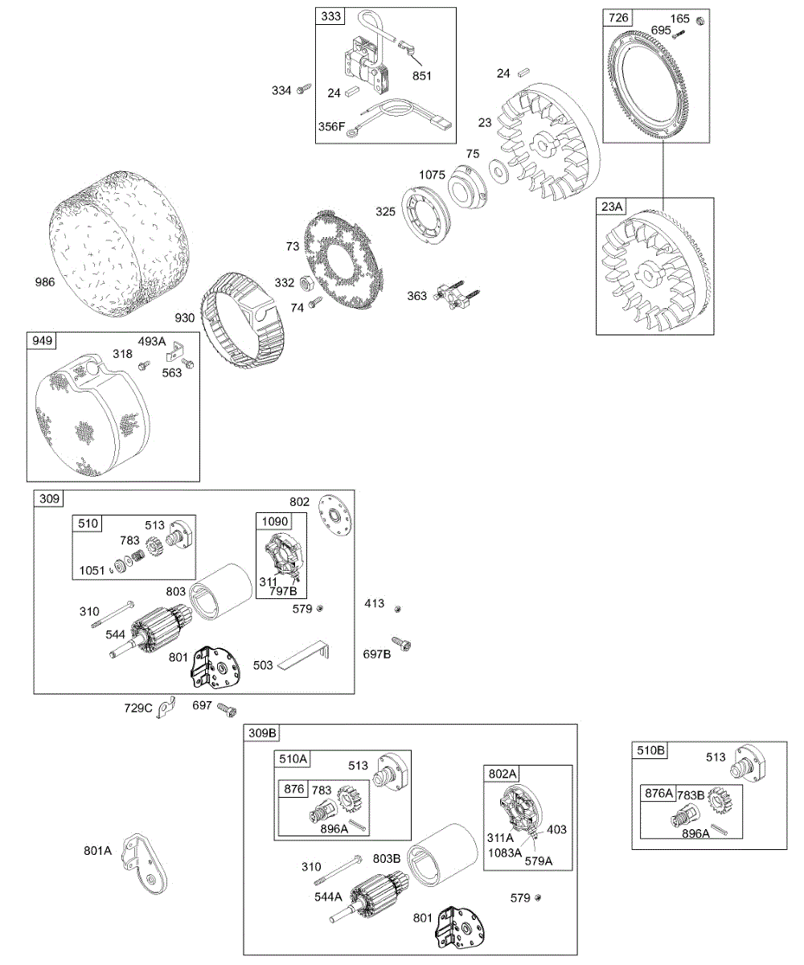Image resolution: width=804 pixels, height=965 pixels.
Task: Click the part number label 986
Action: (46, 282)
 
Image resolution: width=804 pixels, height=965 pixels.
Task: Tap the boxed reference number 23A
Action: (612, 207)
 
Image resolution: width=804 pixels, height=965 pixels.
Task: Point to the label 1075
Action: (432, 175)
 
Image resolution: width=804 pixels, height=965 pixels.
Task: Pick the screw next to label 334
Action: (304, 90)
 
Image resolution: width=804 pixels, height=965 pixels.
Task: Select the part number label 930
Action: (185, 318)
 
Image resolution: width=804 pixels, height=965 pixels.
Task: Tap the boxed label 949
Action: (43, 341)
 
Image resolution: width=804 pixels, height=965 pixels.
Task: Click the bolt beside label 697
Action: (228, 710)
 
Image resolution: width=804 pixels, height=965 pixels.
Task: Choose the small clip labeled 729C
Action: (166, 707)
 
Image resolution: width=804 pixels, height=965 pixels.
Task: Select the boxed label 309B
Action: (262, 733)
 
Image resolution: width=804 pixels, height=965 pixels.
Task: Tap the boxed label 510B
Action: (651, 751)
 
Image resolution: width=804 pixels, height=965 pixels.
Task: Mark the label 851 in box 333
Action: (422, 76)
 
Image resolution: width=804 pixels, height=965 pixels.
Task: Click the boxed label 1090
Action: (271, 522)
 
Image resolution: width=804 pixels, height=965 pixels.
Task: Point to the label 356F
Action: (332, 126)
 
